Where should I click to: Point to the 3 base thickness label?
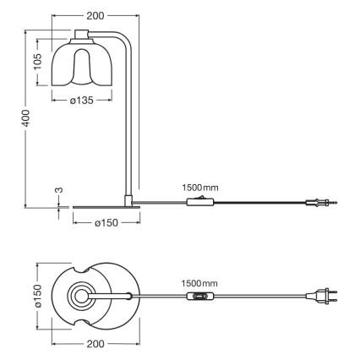(58, 191)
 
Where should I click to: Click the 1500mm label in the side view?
(199, 187)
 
